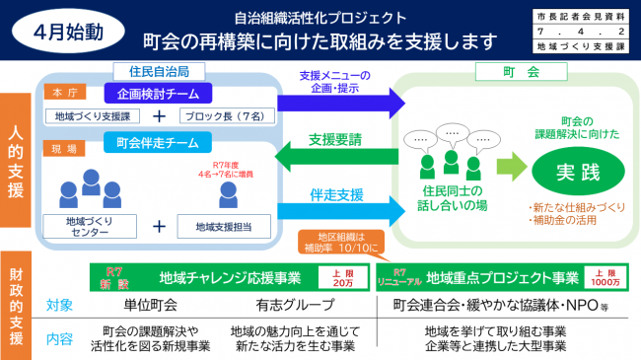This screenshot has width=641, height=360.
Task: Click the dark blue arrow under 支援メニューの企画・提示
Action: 341,101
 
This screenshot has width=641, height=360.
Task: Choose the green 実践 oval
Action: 577,170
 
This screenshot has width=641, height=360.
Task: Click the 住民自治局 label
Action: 159,70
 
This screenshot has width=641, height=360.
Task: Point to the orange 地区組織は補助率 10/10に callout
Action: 334,242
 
